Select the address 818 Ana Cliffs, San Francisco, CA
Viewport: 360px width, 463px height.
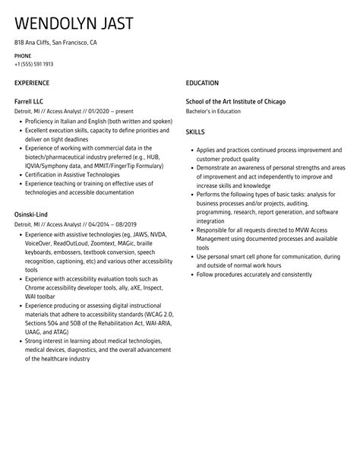tap(55, 43)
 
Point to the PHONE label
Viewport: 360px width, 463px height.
tap(23, 56)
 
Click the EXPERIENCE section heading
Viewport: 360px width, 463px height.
tap(32, 83)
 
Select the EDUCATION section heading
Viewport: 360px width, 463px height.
tap(202, 83)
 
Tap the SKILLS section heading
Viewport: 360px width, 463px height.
tap(195, 132)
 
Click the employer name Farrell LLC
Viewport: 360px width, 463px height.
tap(30, 100)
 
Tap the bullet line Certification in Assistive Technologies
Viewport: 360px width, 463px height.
tap(72, 174)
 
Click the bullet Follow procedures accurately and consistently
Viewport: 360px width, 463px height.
tap(254, 274)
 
